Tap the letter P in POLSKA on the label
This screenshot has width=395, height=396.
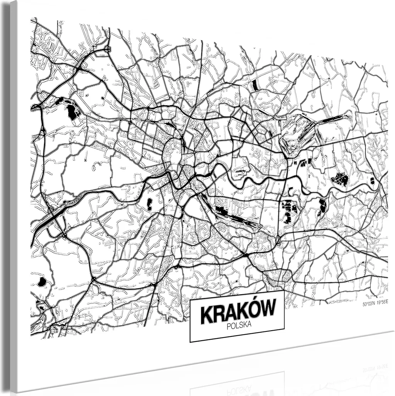229,327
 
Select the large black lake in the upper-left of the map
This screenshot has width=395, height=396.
71,112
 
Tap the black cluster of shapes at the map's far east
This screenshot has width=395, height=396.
340,179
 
